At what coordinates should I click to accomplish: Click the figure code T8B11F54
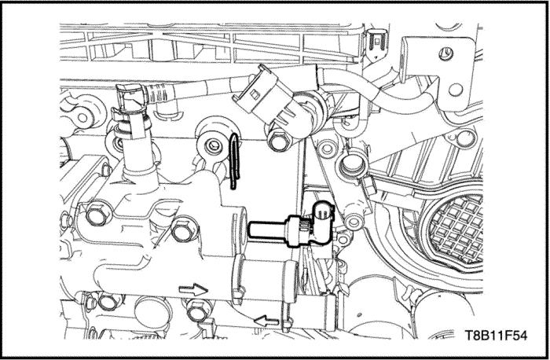496,335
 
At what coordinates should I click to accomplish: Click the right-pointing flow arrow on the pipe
193,289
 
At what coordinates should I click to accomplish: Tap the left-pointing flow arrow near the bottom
266,321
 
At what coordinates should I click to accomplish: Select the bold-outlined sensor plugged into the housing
291,226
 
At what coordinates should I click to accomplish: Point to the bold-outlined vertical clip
234,162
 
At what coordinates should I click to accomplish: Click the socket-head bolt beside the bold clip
213,145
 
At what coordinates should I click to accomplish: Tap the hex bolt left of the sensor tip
184,230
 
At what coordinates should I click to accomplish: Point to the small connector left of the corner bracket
376,42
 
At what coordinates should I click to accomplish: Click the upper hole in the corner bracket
446,54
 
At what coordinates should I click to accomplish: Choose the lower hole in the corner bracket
456,90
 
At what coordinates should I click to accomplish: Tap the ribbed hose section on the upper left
160,94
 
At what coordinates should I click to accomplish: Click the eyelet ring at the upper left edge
82,117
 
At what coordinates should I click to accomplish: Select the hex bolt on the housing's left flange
97,214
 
